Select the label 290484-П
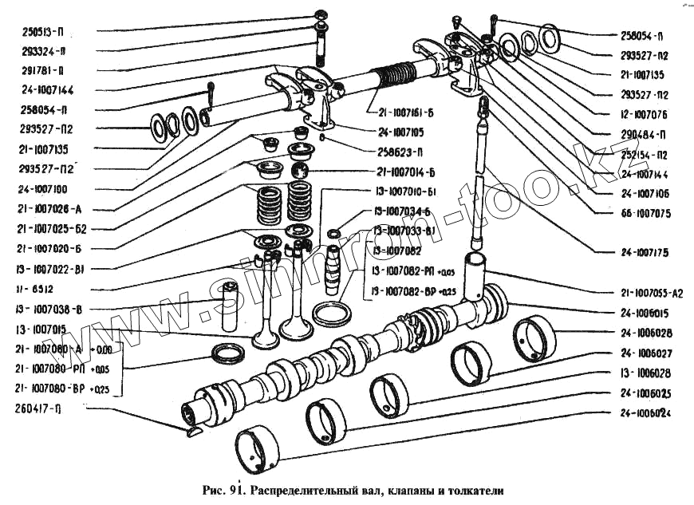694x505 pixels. pos(644,133)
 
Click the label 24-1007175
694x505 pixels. pos(645,253)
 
